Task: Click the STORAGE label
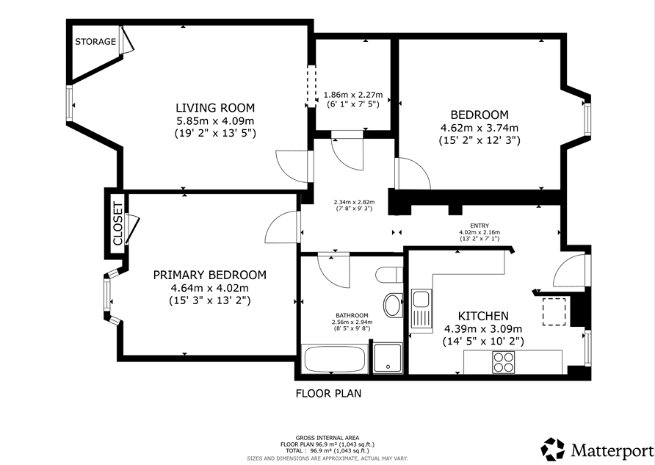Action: point(95,41)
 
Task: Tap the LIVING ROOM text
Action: point(215,108)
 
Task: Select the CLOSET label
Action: point(117,223)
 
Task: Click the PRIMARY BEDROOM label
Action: point(210,275)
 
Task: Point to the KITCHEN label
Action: point(483,316)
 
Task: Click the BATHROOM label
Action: point(352,315)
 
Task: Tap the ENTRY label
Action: point(480,226)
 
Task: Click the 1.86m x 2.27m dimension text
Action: point(353,95)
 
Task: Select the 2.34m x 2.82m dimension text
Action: point(353,202)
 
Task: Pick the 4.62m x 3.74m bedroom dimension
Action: point(480,128)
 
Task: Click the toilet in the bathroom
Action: point(388,275)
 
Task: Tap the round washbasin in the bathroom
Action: point(393,305)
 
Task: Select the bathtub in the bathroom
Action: point(335,359)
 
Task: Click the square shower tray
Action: point(388,358)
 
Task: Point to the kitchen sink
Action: point(421,309)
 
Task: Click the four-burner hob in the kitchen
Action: point(503,362)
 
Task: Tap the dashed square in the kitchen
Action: point(554,311)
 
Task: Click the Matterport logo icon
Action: point(553,449)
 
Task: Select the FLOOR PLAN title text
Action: point(328,393)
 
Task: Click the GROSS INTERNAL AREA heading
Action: point(327,438)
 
